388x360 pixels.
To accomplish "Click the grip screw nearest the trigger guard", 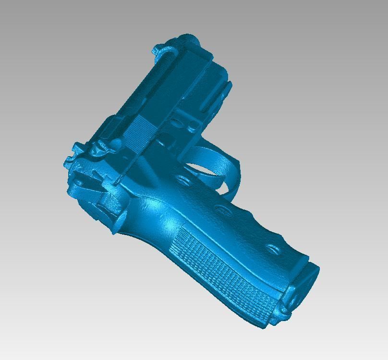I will [182, 180].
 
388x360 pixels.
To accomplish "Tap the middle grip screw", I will [221, 209].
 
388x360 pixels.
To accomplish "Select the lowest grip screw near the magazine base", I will [273, 249].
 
